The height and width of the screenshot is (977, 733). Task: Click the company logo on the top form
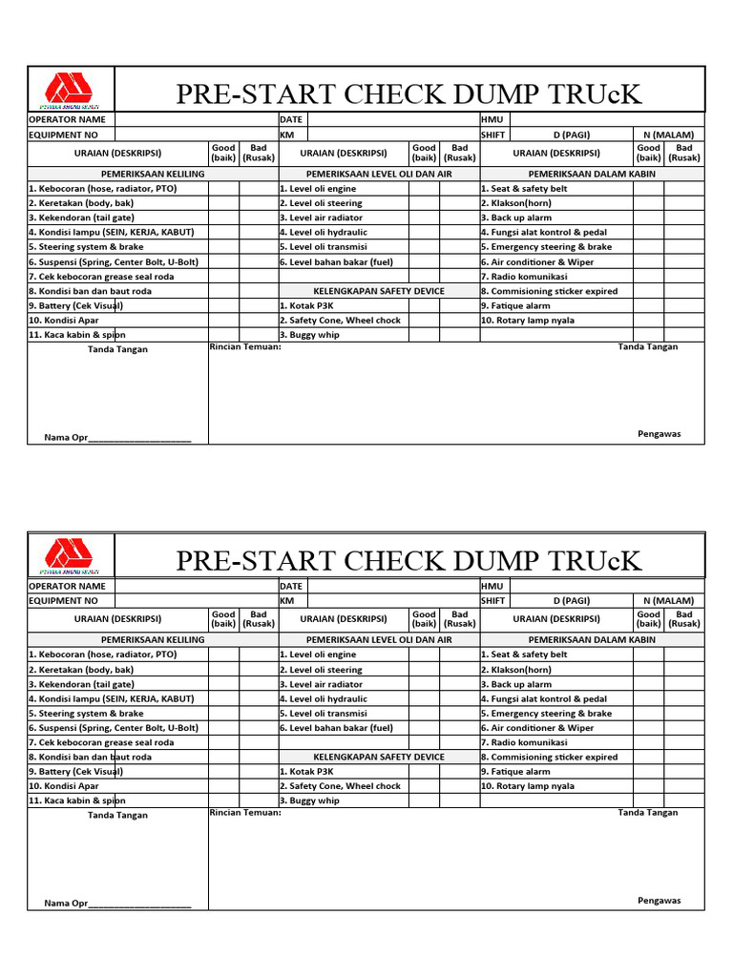(x=72, y=91)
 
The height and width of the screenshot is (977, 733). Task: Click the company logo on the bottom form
(x=72, y=556)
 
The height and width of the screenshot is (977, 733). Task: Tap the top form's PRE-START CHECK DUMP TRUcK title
(x=409, y=94)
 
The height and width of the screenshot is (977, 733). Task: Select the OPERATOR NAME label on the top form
(x=67, y=120)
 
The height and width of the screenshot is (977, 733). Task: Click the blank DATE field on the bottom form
(x=392, y=586)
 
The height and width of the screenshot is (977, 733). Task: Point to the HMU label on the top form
(x=492, y=120)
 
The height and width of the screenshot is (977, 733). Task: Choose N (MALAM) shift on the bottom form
(x=668, y=600)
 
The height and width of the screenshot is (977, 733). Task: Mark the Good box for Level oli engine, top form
(x=424, y=189)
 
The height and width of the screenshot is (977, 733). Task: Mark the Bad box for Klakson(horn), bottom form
(x=684, y=670)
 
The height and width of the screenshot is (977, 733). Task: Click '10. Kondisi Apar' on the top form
(x=64, y=321)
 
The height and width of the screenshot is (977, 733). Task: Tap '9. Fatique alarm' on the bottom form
(x=515, y=772)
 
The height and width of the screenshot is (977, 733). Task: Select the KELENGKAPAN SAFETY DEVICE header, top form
(x=379, y=291)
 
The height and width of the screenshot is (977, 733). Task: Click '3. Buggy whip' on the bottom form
(x=309, y=801)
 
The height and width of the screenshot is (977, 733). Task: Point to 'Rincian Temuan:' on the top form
(x=245, y=347)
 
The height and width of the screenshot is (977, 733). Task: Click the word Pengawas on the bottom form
(x=660, y=900)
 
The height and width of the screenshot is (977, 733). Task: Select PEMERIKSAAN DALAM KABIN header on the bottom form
(x=592, y=639)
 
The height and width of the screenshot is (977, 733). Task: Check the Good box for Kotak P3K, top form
(x=424, y=306)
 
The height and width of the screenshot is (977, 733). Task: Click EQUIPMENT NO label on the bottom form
(x=64, y=601)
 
